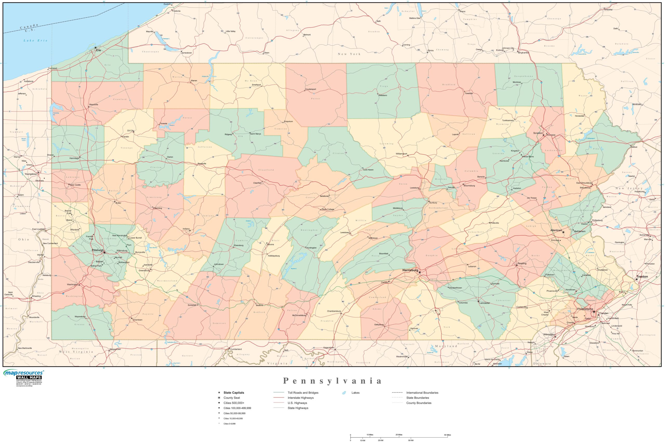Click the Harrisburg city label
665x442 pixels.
[x=410, y=270]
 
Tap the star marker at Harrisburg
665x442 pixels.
[x=420, y=272]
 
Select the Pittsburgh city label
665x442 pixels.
[x=98, y=250]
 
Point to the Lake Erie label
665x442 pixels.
[x=35, y=40]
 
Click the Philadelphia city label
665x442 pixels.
[x=585, y=309]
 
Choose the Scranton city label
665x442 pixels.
[x=538, y=133]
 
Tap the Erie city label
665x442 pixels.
[x=98, y=51]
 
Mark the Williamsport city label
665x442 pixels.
[x=401, y=154]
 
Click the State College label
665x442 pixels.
[x=328, y=209]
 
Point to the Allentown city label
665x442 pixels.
[x=556, y=230]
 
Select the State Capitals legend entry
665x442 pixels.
[x=234, y=393]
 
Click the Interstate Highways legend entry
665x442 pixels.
[x=300, y=398]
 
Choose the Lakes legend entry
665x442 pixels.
[x=355, y=393]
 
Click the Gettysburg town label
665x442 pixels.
[x=379, y=324]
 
